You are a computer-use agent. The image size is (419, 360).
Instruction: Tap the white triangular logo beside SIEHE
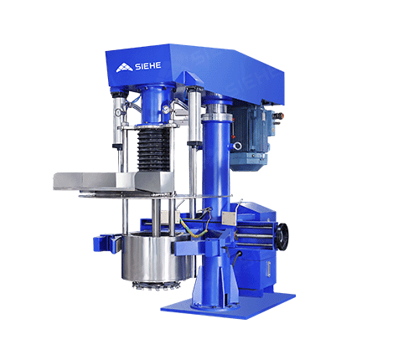tap(122, 69)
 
